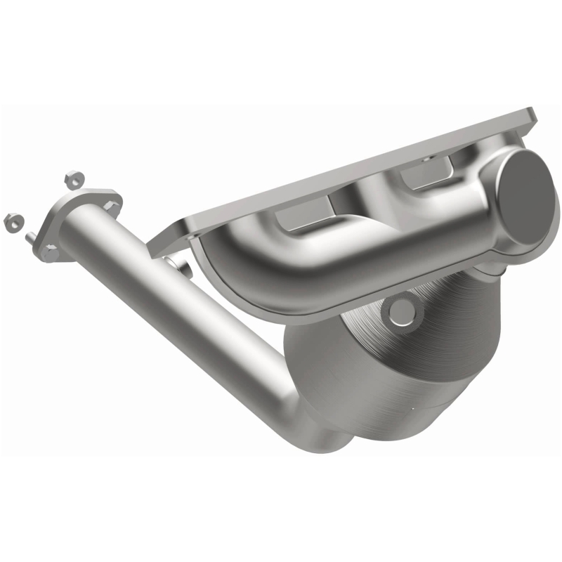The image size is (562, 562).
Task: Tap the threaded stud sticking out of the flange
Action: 31,237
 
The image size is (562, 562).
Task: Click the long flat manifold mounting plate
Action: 351,176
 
